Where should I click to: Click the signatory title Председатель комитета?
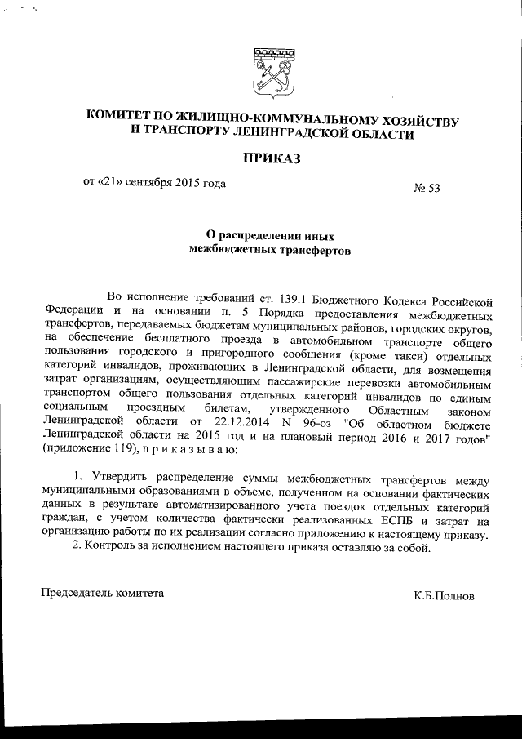point(102,592)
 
